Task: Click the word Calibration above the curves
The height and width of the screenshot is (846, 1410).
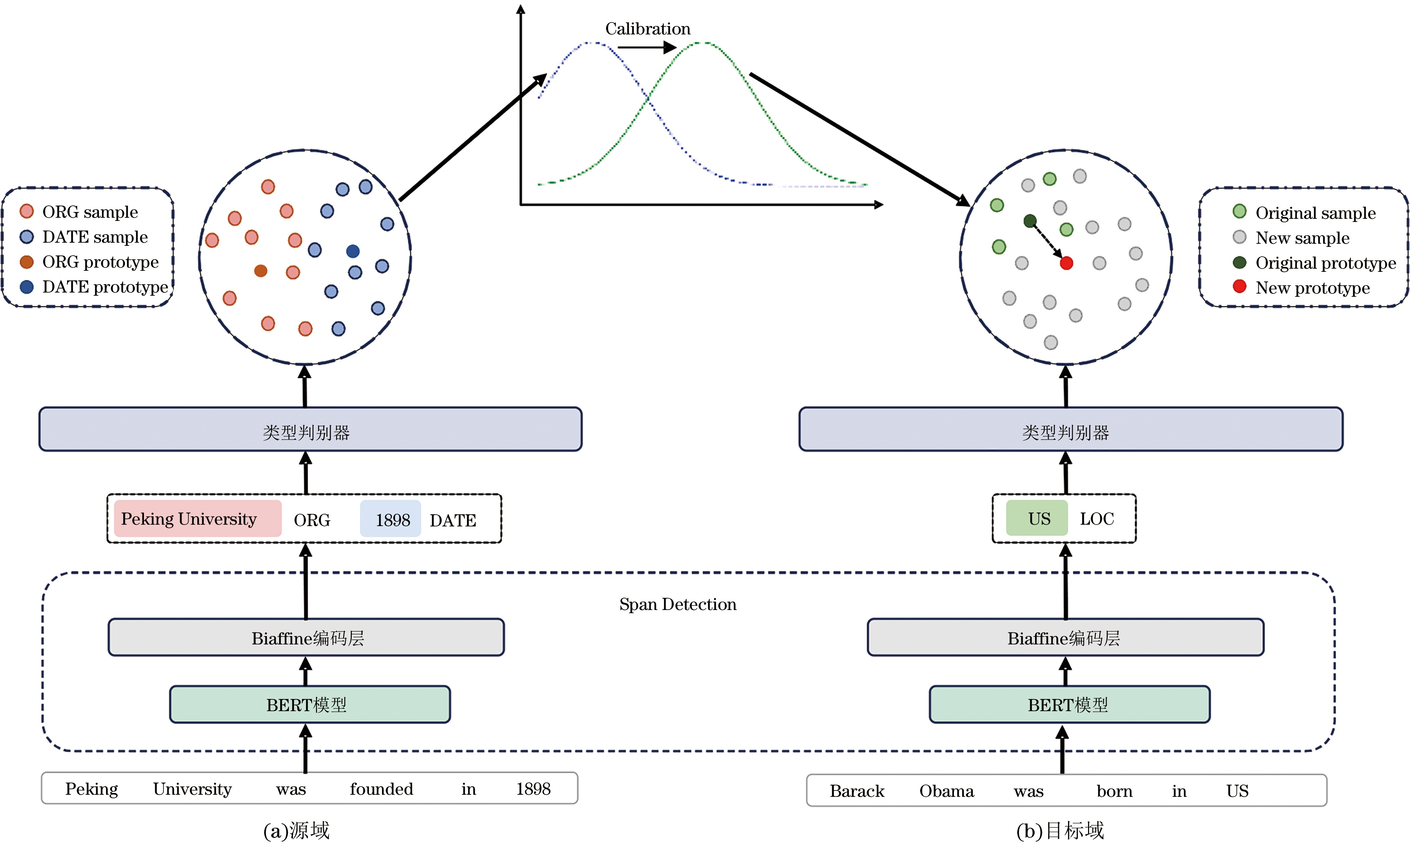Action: [647, 28]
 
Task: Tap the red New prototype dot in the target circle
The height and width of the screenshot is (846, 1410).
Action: [1066, 263]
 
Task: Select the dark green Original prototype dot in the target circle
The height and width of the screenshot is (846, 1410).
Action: [1030, 221]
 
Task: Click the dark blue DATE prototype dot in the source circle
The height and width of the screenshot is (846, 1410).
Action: [353, 251]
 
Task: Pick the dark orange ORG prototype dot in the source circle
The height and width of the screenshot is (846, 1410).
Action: [261, 271]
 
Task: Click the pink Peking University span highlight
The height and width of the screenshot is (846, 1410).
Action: [198, 518]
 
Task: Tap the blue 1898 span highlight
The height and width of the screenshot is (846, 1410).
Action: [390, 518]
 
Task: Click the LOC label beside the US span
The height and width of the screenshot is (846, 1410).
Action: [1096, 519]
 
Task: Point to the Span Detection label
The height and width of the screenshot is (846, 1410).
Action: [678, 604]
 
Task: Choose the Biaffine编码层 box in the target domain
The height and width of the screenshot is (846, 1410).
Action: [1065, 637]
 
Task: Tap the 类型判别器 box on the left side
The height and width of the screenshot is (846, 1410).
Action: [310, 429]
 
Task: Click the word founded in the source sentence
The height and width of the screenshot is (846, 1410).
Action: [381, 789]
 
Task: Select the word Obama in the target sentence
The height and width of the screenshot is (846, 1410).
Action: [947, 791]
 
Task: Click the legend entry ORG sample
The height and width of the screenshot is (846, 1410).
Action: [79, 212]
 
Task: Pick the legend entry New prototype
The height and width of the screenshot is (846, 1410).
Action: [1301, 288]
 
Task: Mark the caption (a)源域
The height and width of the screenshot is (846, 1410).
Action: [296, 831]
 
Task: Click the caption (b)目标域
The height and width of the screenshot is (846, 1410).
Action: [1060, 831]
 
